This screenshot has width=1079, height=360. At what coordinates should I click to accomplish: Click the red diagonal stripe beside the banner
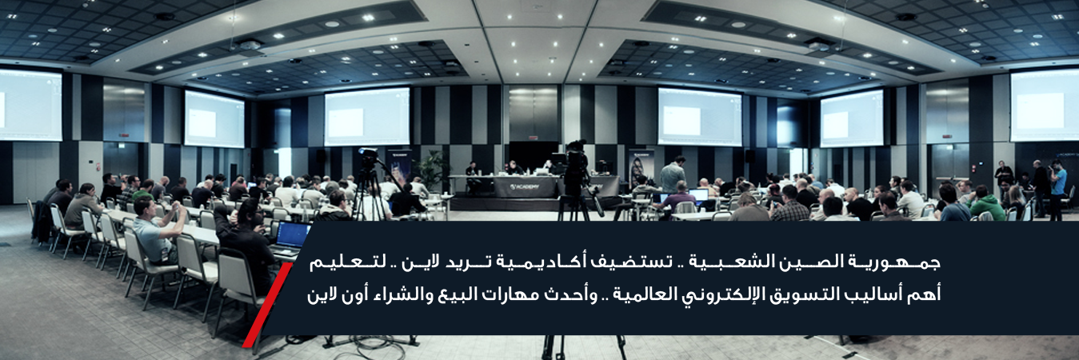[x=267, y=305]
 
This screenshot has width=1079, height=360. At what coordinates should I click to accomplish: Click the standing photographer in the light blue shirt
[x=1058, y=189]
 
